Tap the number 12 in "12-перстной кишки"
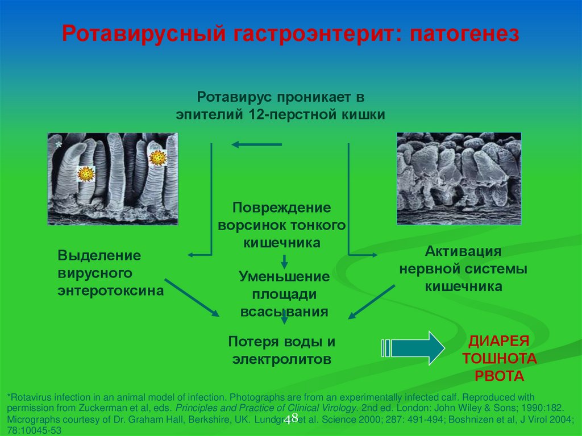coord(255,114)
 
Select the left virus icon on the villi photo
coord(86,173)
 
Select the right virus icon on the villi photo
coord(156,157)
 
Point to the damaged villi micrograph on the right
coord(459,178)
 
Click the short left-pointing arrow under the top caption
coord(256,145)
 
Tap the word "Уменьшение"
coord(284,277)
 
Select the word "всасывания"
coord(284,312)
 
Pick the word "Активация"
coord(463,251)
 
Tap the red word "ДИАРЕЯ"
coord(498,341)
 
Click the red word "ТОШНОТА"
coord(499,359)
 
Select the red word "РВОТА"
coord(499,376)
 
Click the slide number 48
coord(291,419)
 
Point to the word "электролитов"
coord(281,359)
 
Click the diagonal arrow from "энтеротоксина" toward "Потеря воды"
coord(192,297)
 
